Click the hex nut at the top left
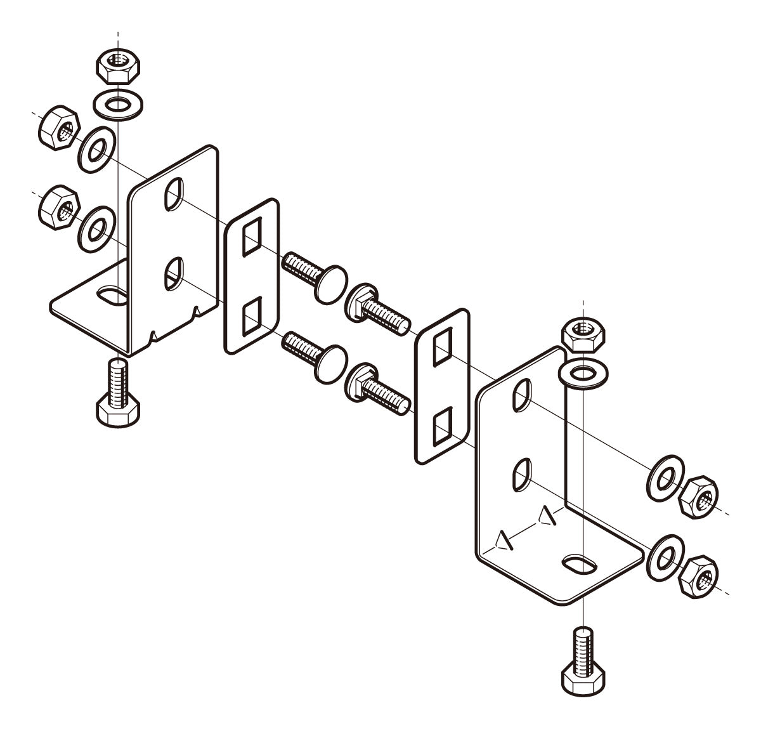pos(118,65)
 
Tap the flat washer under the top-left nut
pos(118,102)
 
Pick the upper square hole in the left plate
pos(250,237)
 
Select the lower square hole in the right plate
pos(442,425)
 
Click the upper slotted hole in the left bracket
pos(173,194)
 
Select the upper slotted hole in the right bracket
pos(523,395)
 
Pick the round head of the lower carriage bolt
pos(333,366)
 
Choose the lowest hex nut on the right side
pos(699,574)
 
